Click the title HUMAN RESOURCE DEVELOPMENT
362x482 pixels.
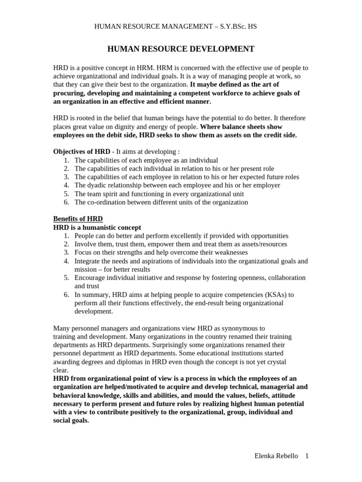coord(181,49)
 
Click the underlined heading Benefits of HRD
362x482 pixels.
coord(78,219)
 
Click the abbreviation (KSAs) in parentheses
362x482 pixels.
coord(271,295)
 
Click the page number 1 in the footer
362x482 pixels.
coord(307,456)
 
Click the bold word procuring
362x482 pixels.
coord(72,93)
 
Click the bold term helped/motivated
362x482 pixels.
coord(122,387)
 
